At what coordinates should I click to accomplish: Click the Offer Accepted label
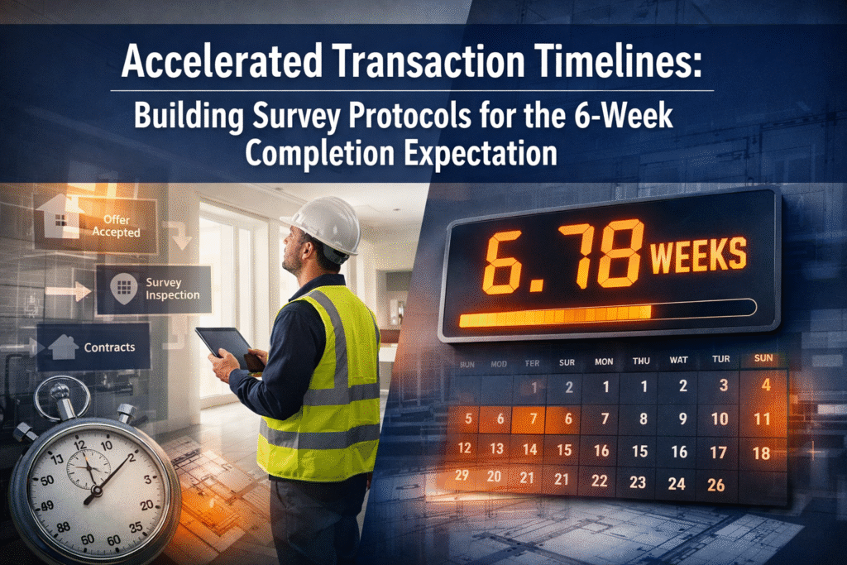tap(117, 226)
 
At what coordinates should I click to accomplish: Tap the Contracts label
tap(109, 347)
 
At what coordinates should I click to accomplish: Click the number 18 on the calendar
tap(762, 452)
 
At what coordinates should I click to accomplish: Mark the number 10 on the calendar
tap(720, 419)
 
